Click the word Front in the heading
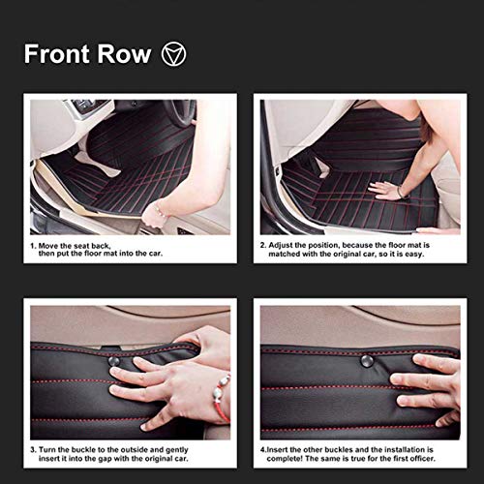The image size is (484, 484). [x=57, y=53]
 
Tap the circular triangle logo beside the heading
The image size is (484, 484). [x=173, y=54]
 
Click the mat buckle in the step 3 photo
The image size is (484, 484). [x=113, y=361]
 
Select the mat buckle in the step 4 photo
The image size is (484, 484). [x=367, y=361]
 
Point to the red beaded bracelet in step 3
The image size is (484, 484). [x=222, y=398]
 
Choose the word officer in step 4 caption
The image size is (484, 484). [x=422, y=459]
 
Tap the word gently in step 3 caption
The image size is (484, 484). [x=177, y=450]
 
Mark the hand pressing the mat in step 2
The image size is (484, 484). [x=384, y=191]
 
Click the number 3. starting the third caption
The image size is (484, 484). [x=33, y=450]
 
